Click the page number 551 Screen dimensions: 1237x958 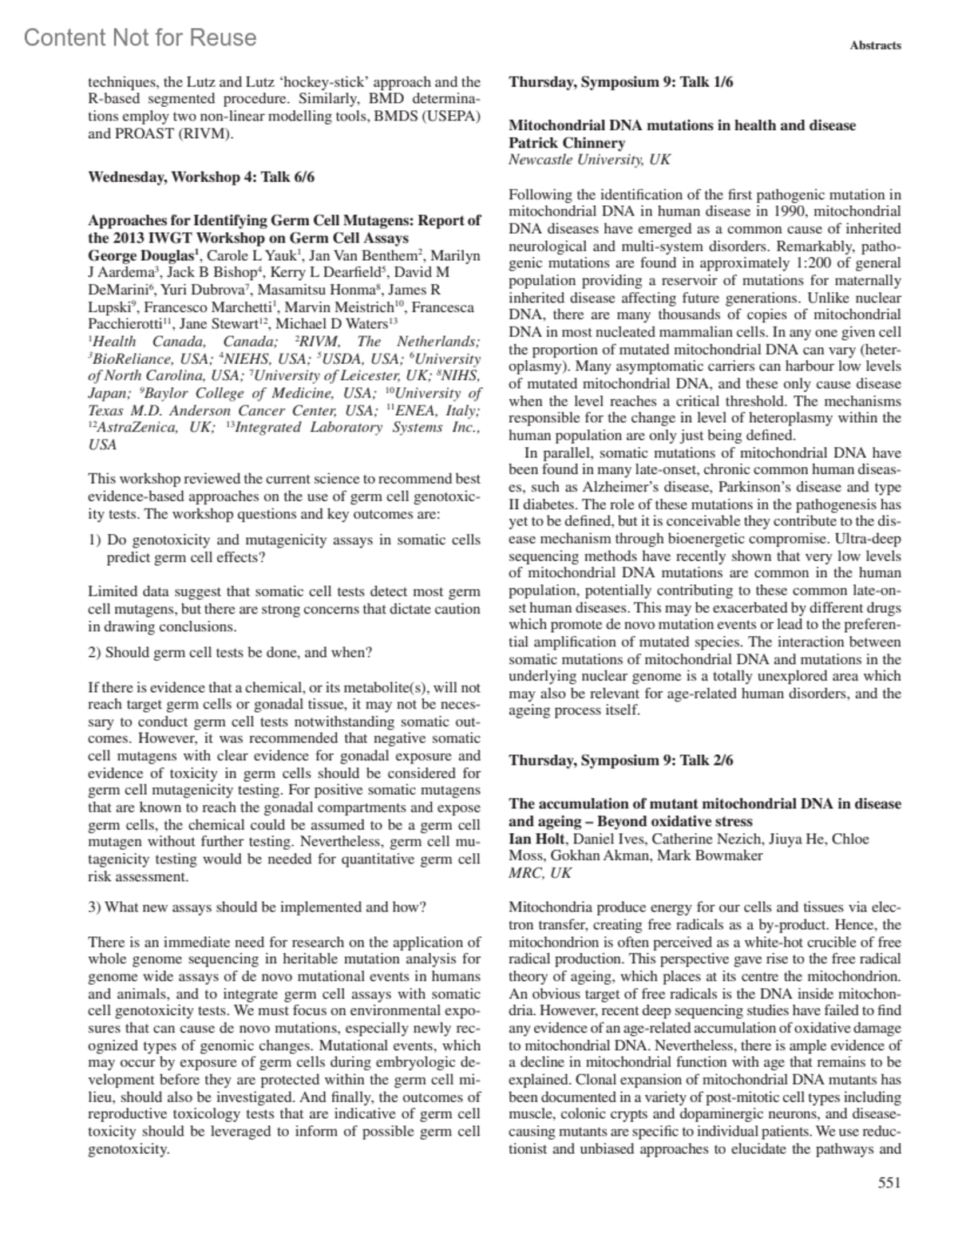point(889,1184)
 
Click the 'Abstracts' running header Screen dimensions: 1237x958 point(875,45)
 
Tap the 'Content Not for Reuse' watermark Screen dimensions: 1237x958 point(141,38)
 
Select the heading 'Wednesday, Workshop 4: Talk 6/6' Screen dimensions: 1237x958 point(200,177)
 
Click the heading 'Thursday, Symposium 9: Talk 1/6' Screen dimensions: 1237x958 point(621,81)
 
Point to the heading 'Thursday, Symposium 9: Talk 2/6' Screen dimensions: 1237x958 point(621,760)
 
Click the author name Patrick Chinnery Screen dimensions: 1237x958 point(567,143)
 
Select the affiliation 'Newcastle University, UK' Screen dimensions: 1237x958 point(589,160)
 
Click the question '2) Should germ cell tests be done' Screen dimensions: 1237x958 point(230,652)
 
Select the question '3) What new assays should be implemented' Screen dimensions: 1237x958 point(257,907)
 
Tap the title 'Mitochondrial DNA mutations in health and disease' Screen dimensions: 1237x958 point(682,125)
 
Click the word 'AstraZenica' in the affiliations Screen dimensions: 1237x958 point(130,428)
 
